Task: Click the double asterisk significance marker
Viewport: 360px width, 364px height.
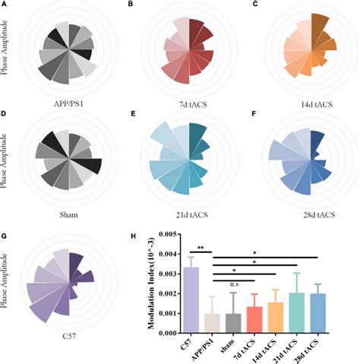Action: tap(202, 248)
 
